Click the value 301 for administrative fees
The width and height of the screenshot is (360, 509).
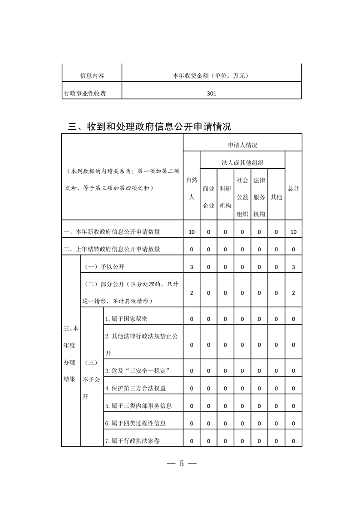(211, 94)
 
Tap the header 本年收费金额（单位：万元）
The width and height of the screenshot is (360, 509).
(212, 76)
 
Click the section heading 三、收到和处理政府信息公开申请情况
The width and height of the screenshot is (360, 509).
(149, 126)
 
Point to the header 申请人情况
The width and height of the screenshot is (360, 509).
(242, 145)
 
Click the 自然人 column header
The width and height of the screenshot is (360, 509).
(192, 188)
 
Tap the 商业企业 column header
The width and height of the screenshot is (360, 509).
(208, 196)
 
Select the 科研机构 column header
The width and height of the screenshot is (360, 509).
(226, 196)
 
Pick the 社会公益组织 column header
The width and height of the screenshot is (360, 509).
(242, 197)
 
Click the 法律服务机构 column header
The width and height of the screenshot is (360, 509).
(259, 197)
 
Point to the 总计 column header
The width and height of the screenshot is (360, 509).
(293, 188)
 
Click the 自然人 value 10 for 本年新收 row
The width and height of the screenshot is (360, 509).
(192, 232)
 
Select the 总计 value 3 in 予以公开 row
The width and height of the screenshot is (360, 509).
(293, 267)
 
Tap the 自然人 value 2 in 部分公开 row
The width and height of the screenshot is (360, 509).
(192, 293)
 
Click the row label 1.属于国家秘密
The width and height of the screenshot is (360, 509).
(126, 319)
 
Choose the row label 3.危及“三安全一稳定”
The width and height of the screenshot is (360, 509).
(137, 371)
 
